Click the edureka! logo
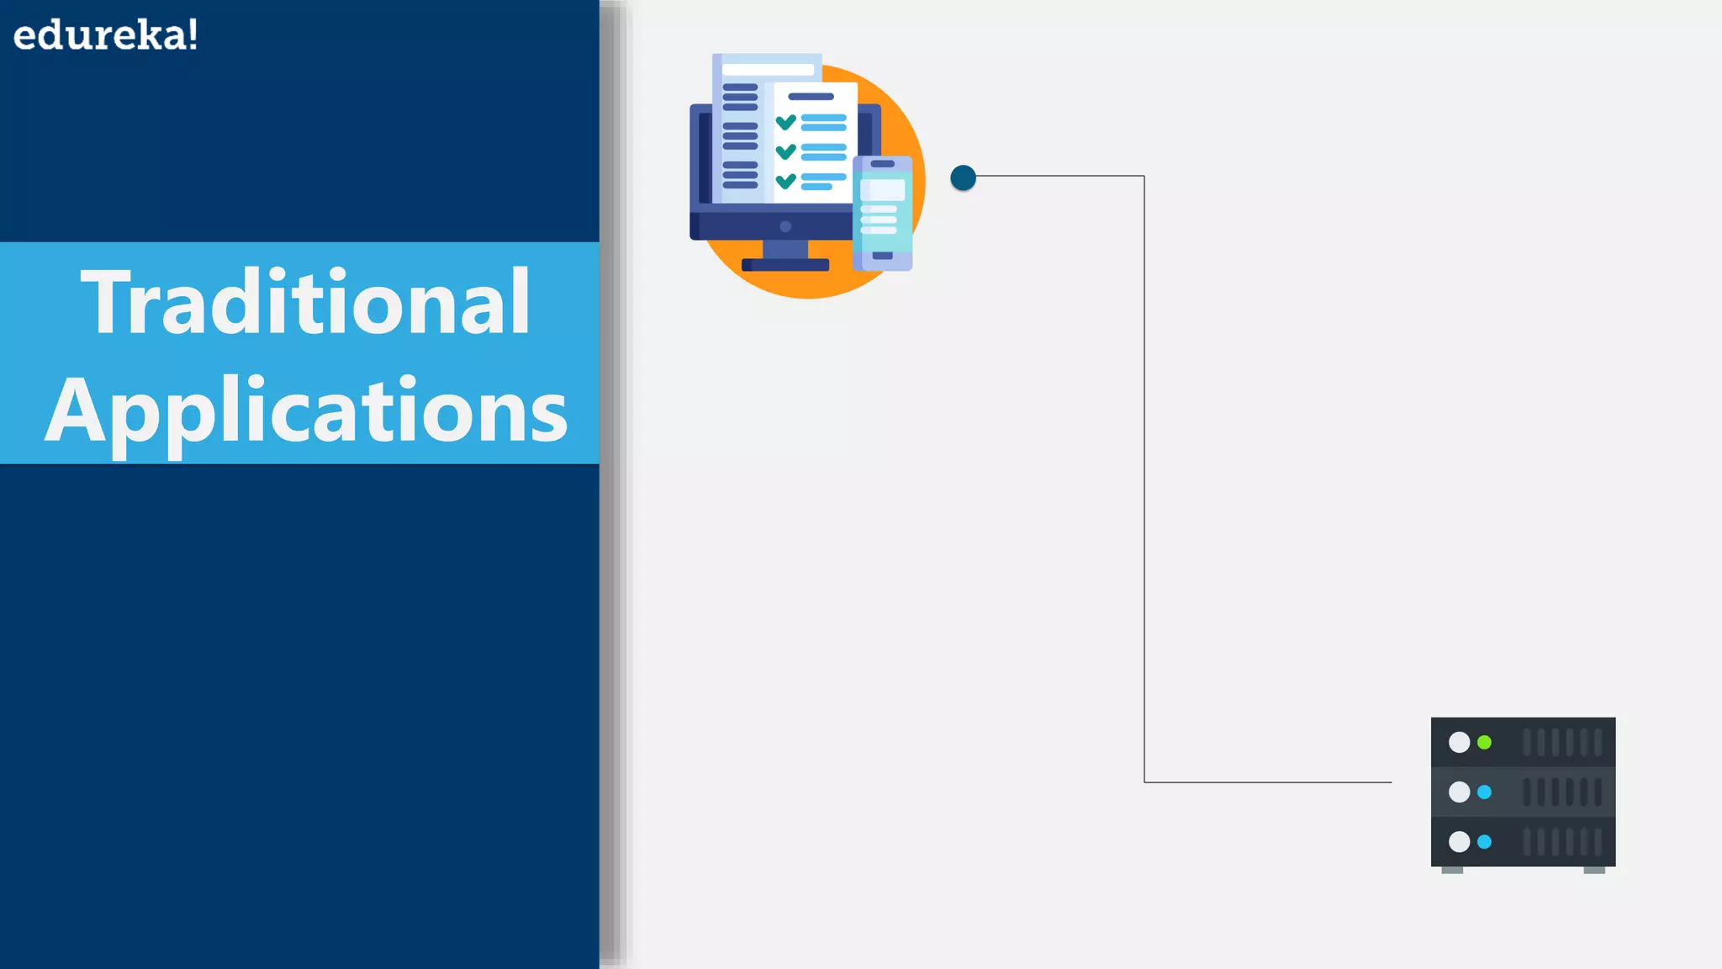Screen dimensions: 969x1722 point(106,35)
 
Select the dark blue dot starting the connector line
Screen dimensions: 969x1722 point(963,177)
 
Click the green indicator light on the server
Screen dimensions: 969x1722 point(1484,742)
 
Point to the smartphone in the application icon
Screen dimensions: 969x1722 point(882,214)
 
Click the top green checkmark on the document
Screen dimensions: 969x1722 point(785,123)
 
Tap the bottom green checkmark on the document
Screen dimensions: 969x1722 point(785,181)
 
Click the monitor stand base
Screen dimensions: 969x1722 point(785,264)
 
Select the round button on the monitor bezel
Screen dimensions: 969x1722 point(785,226)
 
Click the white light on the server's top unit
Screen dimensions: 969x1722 point(1459,742)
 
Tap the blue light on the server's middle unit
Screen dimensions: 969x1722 point(1484,792)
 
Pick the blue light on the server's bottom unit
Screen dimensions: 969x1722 point(1484,841)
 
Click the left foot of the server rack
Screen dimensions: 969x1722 point(1452,870)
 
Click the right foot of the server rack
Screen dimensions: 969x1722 point(1593,870)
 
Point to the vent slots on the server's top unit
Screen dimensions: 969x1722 point(1561,742)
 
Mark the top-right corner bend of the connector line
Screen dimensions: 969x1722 point(1144,176)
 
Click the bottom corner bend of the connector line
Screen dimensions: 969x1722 point(1144,782)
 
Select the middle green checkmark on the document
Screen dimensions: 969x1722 point(785,151)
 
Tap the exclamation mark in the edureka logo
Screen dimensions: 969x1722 point(193,35)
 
